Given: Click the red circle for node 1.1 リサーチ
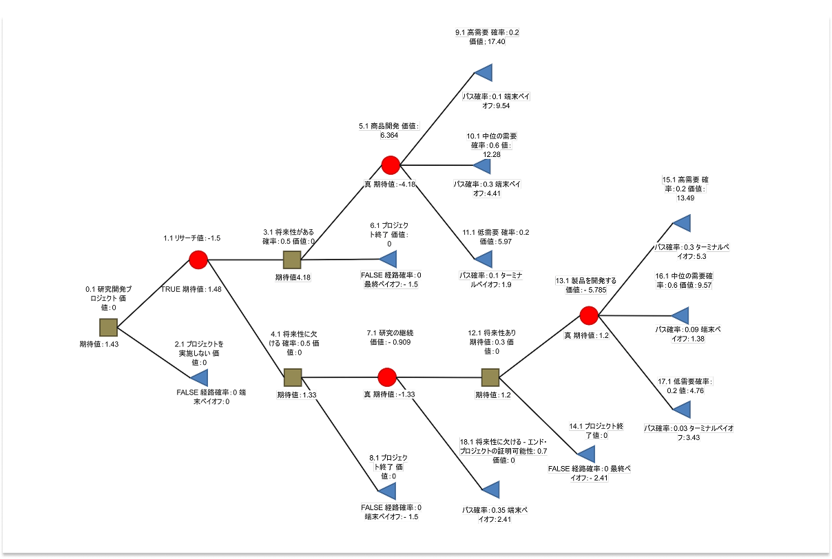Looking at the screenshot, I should tap(198, 260).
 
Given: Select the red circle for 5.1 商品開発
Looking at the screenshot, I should tap(391, 165).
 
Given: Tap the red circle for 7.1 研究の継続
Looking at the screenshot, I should tap(387, 377).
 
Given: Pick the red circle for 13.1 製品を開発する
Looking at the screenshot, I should tap(588, 315).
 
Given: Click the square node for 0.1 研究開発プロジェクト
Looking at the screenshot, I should tap(109, 328).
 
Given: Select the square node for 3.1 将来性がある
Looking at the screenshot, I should tap(293, 260).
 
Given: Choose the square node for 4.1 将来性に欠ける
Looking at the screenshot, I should tap(293, 377).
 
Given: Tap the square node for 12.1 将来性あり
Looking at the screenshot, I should tap(490, 377).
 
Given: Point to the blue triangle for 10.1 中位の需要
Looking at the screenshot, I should tap(482, 165).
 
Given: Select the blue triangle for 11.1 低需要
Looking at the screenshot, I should tap(484, 259).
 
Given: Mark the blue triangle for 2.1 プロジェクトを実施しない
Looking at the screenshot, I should tap(199, 377).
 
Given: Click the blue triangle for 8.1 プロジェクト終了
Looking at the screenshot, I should tap(387, 490).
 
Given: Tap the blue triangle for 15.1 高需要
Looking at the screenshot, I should tap(681, 222).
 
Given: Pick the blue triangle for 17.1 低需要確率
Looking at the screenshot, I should tap(681, 410).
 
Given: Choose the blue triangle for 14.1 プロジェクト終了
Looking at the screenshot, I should tap(586, 454).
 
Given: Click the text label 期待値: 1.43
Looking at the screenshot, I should tap(99, 344).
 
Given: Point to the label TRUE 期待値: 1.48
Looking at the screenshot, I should tap(191, 289).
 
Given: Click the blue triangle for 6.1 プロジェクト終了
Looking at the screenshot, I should tap(388, 259).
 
